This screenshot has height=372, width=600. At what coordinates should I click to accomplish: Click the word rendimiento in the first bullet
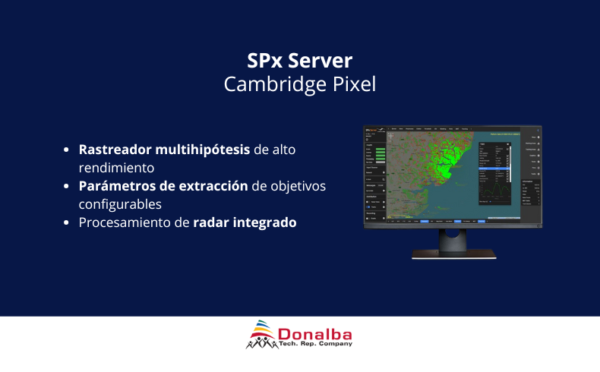[117, 167]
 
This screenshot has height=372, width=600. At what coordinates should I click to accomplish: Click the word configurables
[119, 204]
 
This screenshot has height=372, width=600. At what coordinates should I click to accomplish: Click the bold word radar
[211, 222]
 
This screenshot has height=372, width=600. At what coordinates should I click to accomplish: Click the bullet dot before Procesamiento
[68, 223]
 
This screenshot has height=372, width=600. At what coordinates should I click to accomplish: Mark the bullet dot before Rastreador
[68, 150]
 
